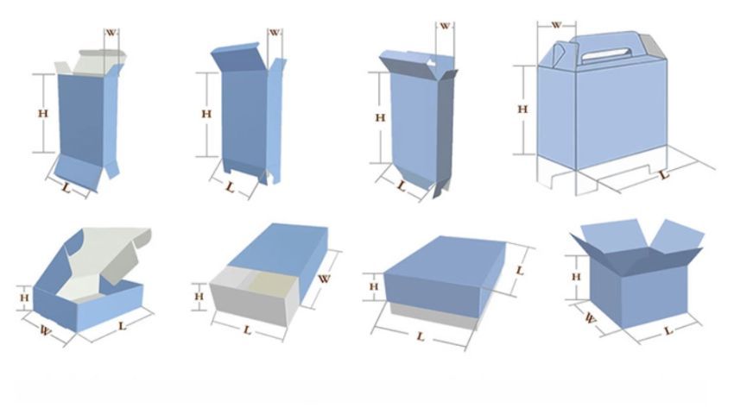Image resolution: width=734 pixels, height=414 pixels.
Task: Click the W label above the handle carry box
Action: (x=556, y=25)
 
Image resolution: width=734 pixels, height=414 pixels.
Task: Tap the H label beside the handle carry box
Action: (x=522, y=109)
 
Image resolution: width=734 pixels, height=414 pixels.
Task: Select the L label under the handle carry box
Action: (x=664, y=175)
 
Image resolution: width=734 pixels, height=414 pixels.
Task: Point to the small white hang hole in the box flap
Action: (x=431, y=62)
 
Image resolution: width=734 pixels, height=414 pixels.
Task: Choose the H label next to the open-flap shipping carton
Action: (x=576, y=277)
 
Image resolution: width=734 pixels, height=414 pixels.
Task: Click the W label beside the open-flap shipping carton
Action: (x=591, y=318)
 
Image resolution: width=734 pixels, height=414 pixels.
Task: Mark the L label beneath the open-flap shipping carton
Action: (x=668, y=330)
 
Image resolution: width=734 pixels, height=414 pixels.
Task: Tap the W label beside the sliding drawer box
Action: (x=324, y=279)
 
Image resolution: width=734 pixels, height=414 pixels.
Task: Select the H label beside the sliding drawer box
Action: (x=199, y=296)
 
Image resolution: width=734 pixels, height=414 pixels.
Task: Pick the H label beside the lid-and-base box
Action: (x=374, y=286)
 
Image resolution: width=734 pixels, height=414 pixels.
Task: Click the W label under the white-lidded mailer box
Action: (x=45, y=330)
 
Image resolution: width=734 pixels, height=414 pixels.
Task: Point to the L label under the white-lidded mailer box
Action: (x=122, y=325)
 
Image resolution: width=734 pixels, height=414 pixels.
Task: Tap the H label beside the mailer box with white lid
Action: (x=24, y=298)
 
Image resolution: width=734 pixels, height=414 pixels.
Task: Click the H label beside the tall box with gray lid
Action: (x=42, y=113)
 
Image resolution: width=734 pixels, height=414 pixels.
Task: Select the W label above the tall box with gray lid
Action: (x=111, y=33)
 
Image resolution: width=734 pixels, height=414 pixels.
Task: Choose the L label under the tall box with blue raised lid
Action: (x=230, y=187)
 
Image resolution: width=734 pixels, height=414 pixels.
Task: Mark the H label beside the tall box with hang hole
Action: (x=380, y=117)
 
